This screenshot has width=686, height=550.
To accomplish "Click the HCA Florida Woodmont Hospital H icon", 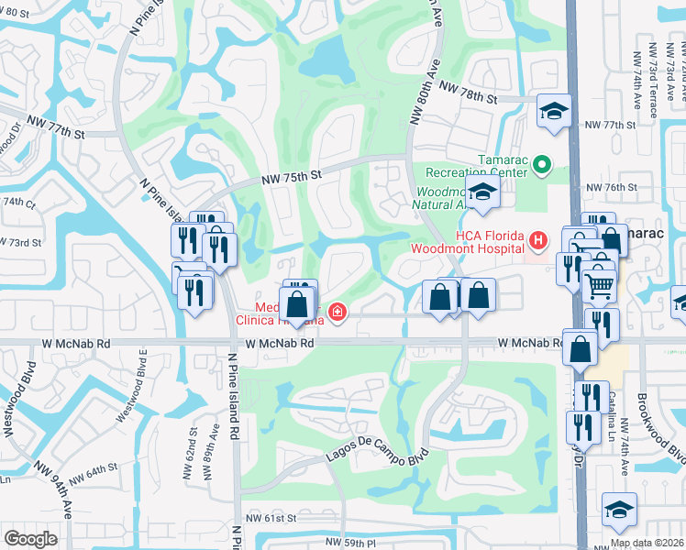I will (x=538, y=240).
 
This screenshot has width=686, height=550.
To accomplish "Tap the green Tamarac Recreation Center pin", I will (x=541, y=165).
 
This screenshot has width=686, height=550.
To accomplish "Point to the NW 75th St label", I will (x=292, y=176).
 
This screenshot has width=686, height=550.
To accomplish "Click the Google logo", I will (x=30, y=539).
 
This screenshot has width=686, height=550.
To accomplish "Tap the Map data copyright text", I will (x=647, y=543).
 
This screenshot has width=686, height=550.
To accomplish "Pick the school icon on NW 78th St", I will (x=553, y=112).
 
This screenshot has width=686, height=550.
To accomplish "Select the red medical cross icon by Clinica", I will (x=338, y=313).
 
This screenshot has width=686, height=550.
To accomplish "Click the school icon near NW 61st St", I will (x=619, y=511).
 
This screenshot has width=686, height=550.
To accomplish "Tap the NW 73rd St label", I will (x=22, y=242).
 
